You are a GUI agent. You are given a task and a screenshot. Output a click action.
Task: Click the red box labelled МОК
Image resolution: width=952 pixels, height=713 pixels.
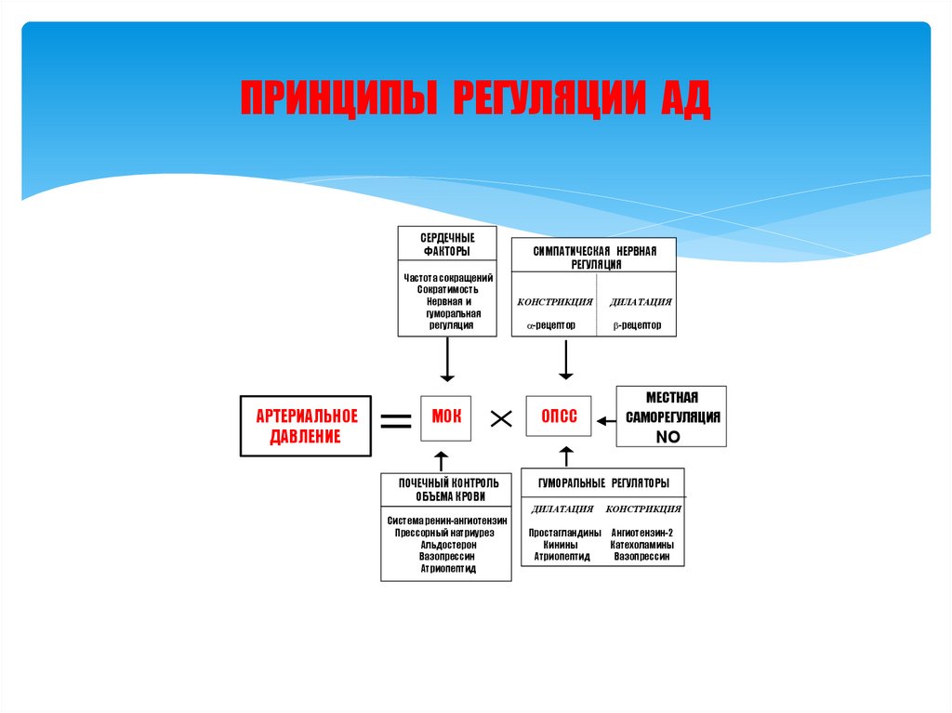point(446,417)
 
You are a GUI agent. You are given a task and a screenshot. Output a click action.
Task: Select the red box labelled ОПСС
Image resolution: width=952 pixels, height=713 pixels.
point(560,417)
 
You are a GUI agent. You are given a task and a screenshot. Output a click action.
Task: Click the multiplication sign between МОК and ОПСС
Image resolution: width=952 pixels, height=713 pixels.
point(501,419)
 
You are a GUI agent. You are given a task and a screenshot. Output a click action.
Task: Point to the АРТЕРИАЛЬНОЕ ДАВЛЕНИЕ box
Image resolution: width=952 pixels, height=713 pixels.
point(305,427)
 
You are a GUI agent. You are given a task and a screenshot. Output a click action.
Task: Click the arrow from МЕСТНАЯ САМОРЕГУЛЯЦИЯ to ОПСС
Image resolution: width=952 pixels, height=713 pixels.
point(605,419)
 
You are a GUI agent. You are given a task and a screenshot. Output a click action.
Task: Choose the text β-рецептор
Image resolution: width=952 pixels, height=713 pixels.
point(637,325)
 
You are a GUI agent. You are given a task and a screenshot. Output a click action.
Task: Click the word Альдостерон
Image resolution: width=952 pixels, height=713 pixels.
point(447,545)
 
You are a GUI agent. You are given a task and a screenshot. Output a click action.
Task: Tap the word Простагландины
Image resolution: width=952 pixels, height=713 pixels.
point(564,533)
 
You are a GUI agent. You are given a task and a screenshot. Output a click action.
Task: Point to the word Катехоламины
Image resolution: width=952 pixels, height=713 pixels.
point(642,545)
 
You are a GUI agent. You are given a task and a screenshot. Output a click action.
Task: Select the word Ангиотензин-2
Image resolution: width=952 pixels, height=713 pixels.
point(642,533)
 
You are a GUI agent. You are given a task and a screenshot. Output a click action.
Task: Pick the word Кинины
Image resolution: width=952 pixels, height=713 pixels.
point(562,545)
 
